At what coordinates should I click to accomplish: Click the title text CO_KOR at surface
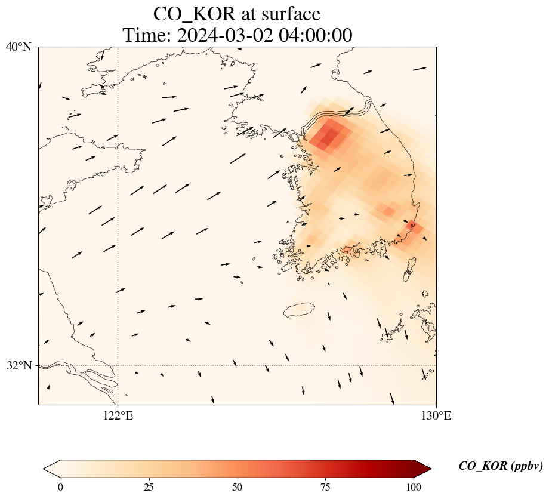coord(237,14)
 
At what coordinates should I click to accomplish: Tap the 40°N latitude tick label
coord(19,47)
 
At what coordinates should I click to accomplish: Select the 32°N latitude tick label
coord(19,365)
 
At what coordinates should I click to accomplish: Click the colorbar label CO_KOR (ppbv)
coord(501,466)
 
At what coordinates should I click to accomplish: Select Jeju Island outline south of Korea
coord(299,310)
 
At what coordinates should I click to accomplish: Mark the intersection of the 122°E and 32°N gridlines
coord(118,365)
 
